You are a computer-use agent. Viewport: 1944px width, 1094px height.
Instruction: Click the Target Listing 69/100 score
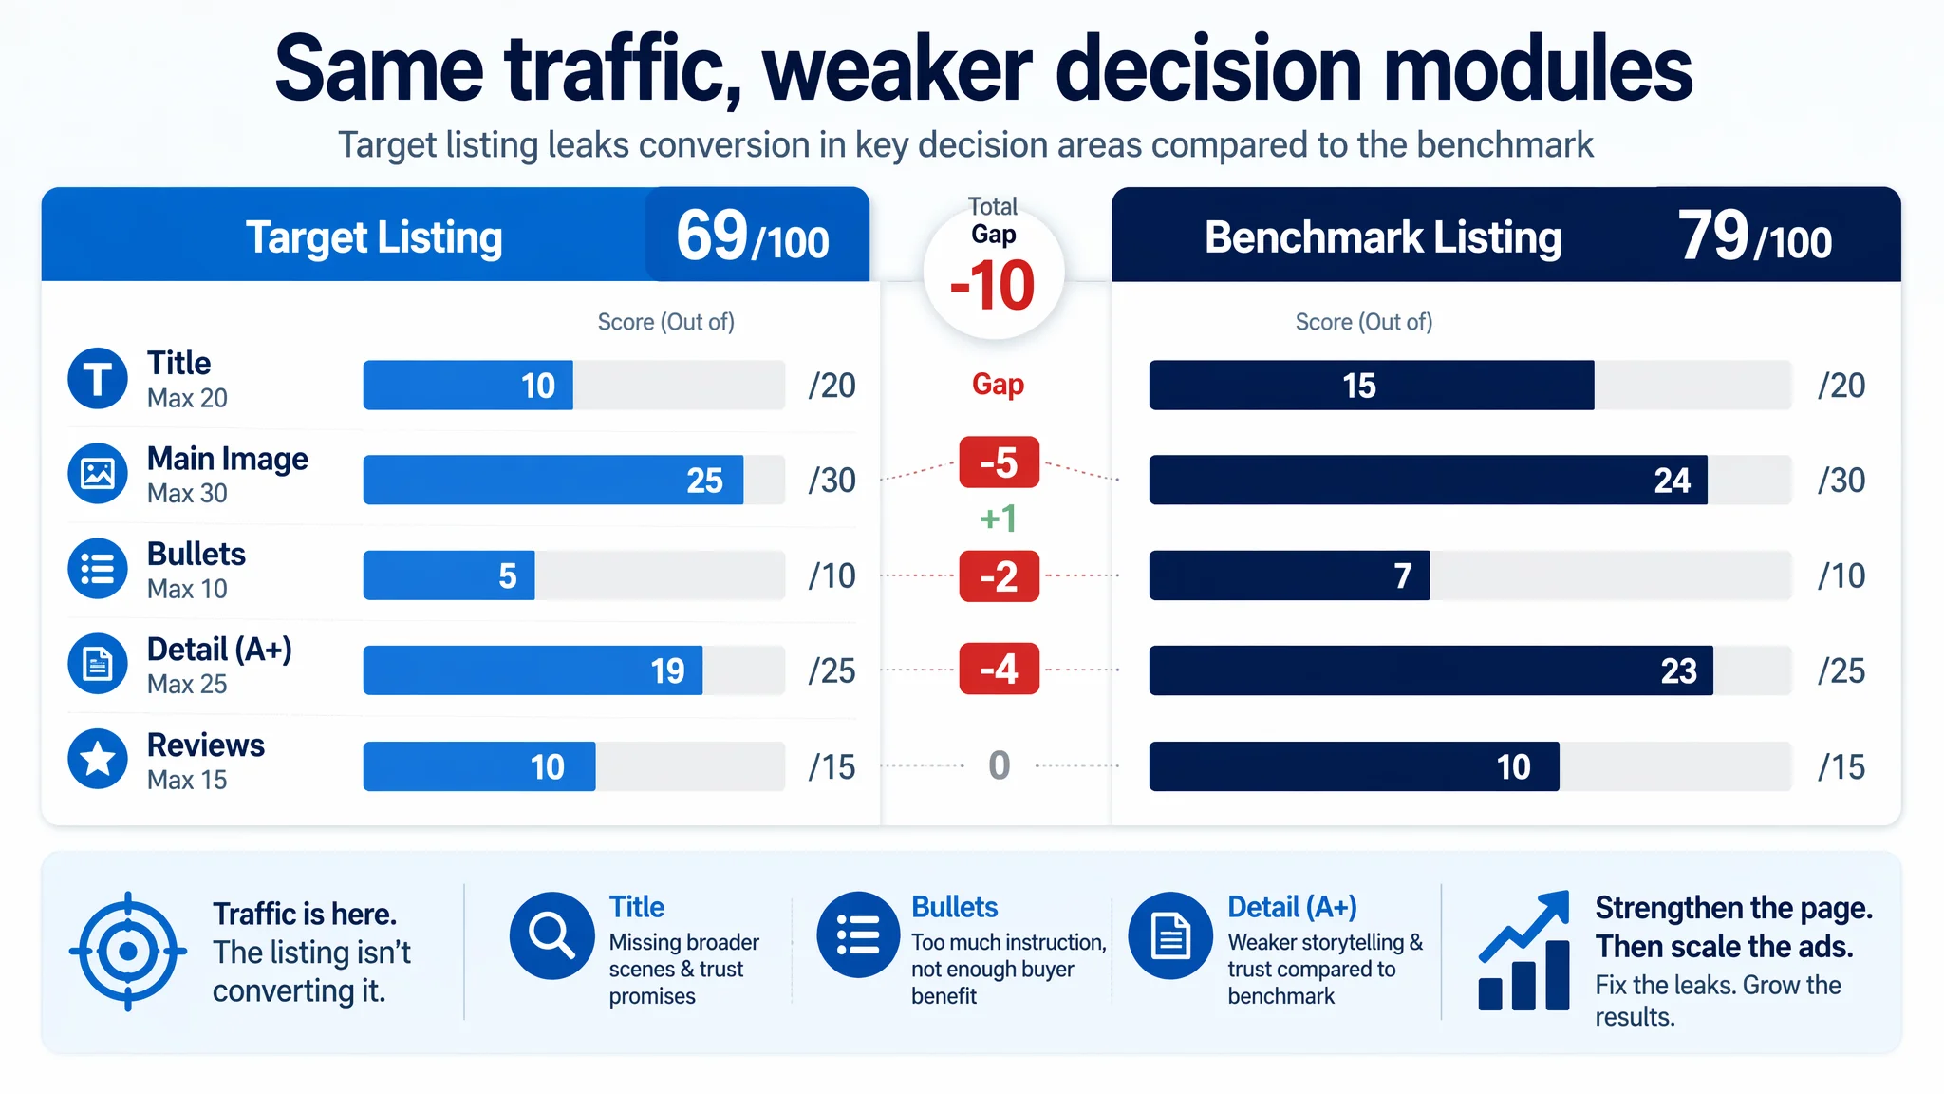(x=753, y=236)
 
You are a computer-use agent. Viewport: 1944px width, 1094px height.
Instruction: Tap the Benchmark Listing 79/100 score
(x=1755, y=236)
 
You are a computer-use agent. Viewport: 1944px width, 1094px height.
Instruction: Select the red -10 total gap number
(x=993, y=285)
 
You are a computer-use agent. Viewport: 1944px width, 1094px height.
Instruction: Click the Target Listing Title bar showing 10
(x=468, y=386)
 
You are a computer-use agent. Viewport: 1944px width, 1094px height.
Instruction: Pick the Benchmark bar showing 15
(x=1372, y=386)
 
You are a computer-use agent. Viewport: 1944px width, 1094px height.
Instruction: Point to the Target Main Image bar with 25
(x=553, y=480)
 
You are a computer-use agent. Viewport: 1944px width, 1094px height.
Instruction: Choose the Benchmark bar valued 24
(x=1429, y=480)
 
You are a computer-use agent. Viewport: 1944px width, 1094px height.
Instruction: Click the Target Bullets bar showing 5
(x=449, y=575)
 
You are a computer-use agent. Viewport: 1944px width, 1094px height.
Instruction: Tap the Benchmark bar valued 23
(x=1431, y=670)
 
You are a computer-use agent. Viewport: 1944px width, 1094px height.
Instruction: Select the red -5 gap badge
(x=1000, y=462)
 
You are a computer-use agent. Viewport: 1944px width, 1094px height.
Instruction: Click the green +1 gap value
(x=999, y=519)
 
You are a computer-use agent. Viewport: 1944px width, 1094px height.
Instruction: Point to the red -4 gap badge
(x=1000, y=669)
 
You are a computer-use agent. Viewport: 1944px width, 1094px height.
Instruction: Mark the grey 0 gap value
(x=1000, y=765)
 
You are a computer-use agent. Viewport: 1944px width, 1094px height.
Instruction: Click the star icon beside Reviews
(x=98, y=759)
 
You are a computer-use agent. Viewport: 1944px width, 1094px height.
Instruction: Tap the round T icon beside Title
(x=98, y=378)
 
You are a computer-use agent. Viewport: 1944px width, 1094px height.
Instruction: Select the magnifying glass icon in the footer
(x=551, y=935)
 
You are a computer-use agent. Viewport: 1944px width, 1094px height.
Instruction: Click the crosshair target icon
(x=128, y=951)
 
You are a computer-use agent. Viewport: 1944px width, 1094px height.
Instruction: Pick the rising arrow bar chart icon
(x=1524, y=951)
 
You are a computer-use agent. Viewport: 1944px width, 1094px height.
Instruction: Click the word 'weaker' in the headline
(x=897, y=68)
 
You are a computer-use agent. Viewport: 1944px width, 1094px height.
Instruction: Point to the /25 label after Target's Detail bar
(x=832, y=671)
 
